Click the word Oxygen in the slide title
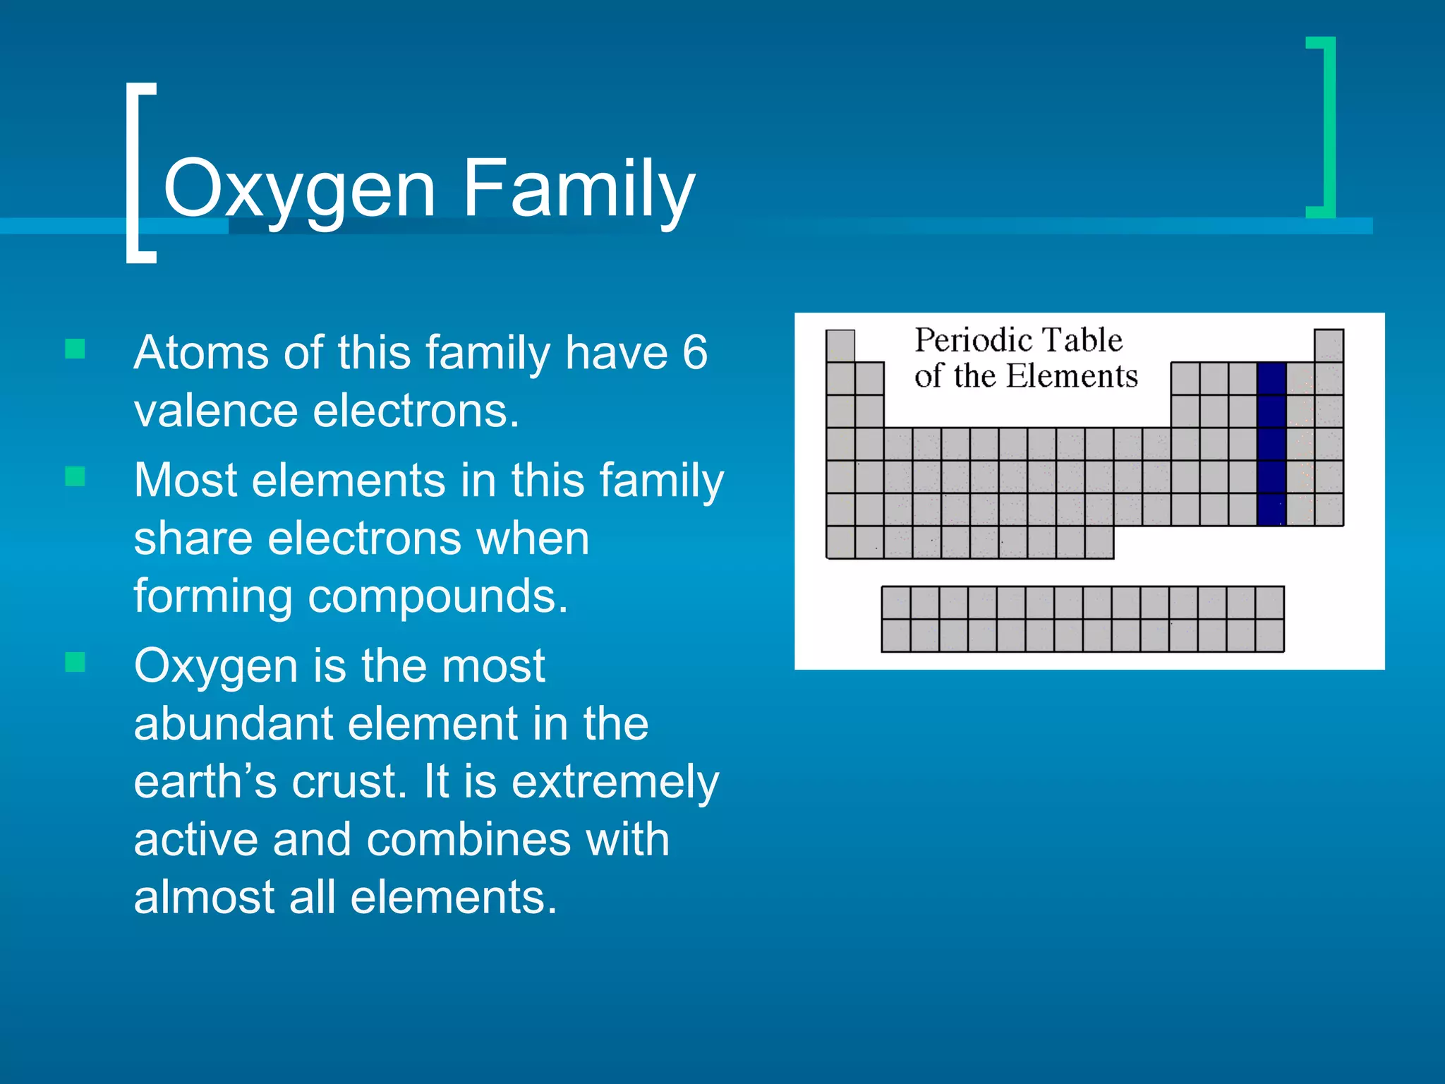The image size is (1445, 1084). [299, 189]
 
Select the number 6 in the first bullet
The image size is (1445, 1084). [694, 352]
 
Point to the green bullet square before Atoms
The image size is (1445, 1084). [75, 349]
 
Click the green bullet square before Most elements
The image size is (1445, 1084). [75, 476]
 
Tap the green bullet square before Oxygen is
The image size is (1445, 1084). [75, 662]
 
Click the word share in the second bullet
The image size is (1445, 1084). [193, 538]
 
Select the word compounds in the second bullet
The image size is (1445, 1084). [437, 597]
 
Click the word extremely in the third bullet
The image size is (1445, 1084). [615, 782]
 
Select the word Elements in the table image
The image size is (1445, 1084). [1071, 376]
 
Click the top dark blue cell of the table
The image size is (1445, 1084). [1271, 378]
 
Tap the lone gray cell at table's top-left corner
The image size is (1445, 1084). [840, 346]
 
